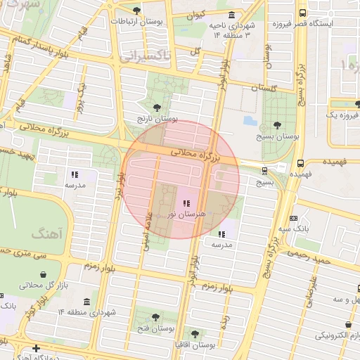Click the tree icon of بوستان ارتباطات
click(x=136, y=10)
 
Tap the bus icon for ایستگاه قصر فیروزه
click(x=302, y=13)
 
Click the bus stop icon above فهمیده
click(x=301, y=162)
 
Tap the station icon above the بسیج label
click(x=264, y=170)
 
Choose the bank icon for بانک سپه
click(x=293, y=219)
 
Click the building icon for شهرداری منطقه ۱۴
click(x=87, y=302)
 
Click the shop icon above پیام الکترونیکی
click(x=349, y=325)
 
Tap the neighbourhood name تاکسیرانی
click(x=146, y=55)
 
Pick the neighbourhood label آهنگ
click(x=47, y=232)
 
